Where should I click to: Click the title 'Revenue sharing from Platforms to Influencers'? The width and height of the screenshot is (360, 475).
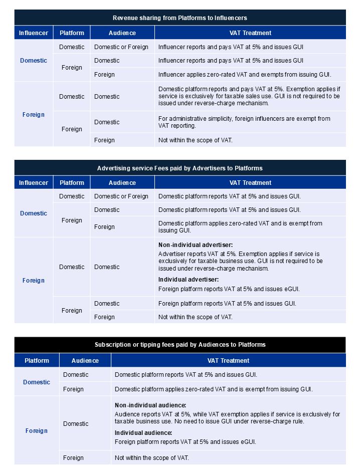pyautogui.click(x=179, y=18)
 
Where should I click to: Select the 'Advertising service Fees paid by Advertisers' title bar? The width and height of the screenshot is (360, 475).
pyautogui.click(x=179, y=168)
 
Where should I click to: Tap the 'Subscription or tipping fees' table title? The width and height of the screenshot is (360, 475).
pyautogui.click(x=179, y=345)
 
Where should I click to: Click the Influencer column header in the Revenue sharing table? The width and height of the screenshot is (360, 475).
pyautogui.click(x=34, y=33)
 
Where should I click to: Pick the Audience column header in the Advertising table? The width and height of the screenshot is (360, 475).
pyautogui.click(x=122, y=183)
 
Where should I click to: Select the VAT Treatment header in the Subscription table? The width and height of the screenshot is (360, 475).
pyautogui.click(x=228, y=360)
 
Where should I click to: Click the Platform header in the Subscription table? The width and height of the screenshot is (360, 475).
pyautogui.click(x=37, y=360)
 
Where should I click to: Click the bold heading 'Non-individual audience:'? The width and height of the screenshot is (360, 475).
pyautogui.click(x=150, y=405)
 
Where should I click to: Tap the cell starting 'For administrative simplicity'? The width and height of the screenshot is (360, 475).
pyautogui.click(x=244, y=122)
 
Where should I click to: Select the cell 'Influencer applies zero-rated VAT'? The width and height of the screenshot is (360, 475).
pyautogui.click(x=244, y=75)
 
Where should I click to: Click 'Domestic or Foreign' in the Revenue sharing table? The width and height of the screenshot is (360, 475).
pyautogui.click(x=121, y=47)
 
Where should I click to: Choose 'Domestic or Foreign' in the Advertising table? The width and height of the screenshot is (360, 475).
pyautogui.click(x=121, y=196)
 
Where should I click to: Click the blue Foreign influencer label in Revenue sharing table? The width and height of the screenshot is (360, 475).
pyautogui.click(x=34, y=115)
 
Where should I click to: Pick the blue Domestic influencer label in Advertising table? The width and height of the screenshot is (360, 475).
pyautogui.click(x=34, y=213)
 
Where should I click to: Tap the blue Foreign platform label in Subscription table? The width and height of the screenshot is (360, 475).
pyautogui.click(x=37, y=431)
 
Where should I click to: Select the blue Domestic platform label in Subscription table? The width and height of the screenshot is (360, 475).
pyautogui.click(x=37, y=382)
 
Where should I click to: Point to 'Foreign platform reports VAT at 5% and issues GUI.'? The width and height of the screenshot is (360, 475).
pyautogui.click(x=227, y=304)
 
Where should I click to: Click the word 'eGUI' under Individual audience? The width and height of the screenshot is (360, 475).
pyautogui.click(x=249, y=442)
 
